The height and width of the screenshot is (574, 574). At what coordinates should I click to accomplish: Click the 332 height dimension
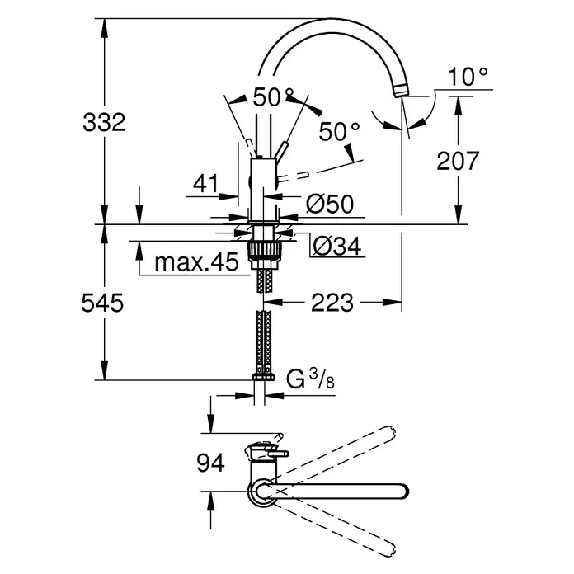click(104, 122)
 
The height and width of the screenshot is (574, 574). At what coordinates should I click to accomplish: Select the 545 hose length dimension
click(102, 303)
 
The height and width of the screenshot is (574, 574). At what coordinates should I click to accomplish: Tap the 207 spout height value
click(458, 161)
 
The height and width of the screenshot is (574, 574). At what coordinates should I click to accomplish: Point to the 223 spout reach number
click(332, 303)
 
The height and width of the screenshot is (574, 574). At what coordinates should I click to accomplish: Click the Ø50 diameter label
click(330, 204)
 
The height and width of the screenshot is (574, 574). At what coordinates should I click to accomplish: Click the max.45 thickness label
click(196, 261)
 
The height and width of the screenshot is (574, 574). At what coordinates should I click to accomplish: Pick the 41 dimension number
click(205, 183)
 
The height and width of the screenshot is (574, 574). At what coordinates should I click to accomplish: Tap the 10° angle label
click(468, 77)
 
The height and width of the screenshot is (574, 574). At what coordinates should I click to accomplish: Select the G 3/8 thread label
click(310, 379)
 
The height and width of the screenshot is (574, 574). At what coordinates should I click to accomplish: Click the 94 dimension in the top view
click(210, 463)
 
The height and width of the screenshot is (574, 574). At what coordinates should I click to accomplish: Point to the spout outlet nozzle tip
click(400, 90)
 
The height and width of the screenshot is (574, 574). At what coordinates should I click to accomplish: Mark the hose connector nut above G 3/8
click(263, 377)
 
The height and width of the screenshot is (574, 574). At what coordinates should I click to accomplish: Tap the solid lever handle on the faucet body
click(282, 151)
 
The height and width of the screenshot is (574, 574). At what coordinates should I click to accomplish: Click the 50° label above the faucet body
click(274, 97)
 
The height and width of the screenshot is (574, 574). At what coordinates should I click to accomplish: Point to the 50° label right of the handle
click(339, 132)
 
